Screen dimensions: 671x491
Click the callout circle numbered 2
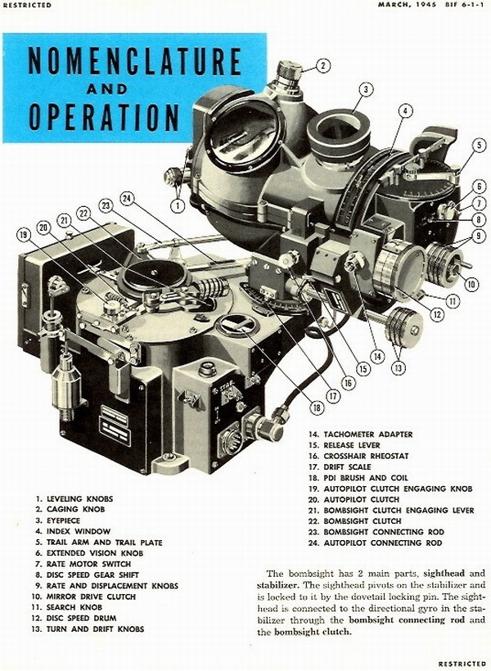tap(322, 65)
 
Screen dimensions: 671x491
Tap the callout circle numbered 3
tap(367, 89)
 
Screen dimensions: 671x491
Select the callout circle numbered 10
tap(471, 285)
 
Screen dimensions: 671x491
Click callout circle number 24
tap(126, 196)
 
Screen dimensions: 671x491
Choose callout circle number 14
tap(377, 357)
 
